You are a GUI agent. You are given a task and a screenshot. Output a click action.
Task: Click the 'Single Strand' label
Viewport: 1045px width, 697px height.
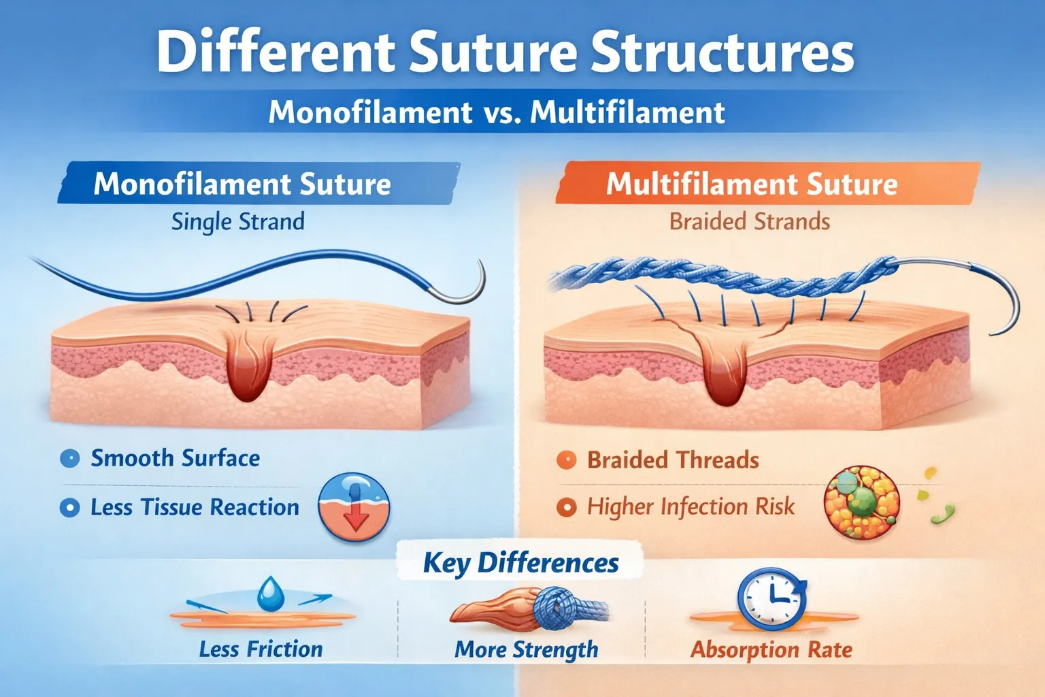(x=237, y=222)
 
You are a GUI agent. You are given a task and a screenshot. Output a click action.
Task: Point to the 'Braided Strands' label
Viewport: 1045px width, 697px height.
(x=749, y=222)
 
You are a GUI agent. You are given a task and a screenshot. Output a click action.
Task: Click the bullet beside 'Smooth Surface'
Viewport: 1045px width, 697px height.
(x=69, y=459)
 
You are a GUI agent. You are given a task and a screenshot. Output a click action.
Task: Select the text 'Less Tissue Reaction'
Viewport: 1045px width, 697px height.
(x=195, y=508)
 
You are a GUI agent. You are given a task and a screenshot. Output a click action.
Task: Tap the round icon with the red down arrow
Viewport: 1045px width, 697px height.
(x=354, y=507)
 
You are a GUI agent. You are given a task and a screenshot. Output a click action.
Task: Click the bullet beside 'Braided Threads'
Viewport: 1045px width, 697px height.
(x=566, y=461)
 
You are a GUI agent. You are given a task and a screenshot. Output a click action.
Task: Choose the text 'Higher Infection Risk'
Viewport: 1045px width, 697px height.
(x=691, y=507)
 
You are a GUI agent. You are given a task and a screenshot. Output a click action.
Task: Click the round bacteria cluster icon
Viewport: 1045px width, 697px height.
(x=862, y=504)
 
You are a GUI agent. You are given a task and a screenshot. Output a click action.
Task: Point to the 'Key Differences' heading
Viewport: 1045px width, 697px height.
(x=520, y=563)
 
